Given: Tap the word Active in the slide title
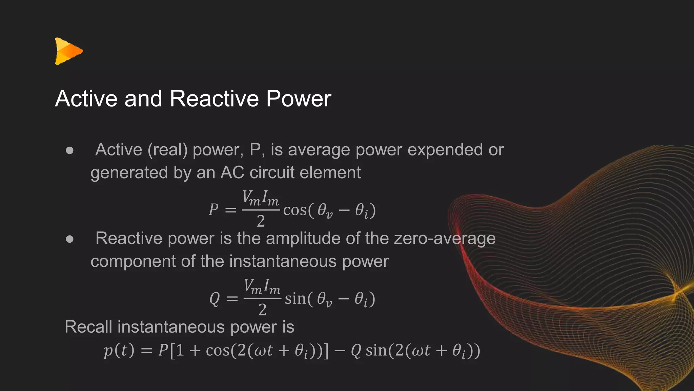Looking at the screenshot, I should pyautogui.click(x=86, y=99).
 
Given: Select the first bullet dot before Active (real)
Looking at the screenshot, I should pyautogui.click(x=70, y=150).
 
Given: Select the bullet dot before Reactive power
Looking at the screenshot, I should pyautogui.click(x=70, y=239).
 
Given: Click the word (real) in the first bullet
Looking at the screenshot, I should pyautogui.click(x=167, y=150).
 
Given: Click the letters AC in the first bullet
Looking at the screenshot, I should pyautogui.click(x=232, y=172).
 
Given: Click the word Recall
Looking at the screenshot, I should pyautogui.click(x=88, y=327).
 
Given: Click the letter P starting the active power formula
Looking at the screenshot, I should pyautogui.click(x=213, y=210).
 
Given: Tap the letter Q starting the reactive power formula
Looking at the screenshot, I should pyautogui.click(x=215, y=299).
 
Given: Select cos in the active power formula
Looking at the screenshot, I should pyautogui.click(x=295, y=210).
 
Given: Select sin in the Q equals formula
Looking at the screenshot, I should pyautogui.click(x=295, y=299).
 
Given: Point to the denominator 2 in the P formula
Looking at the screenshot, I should pyautogui.click(x=261, y=221).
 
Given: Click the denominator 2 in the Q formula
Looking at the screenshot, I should pyautogui.click(x=262, y=310).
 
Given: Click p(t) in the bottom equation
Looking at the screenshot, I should pyautogui.click(x=119, y=350).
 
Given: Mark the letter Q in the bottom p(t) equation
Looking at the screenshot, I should pyautogui.click(x=356, y=350).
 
